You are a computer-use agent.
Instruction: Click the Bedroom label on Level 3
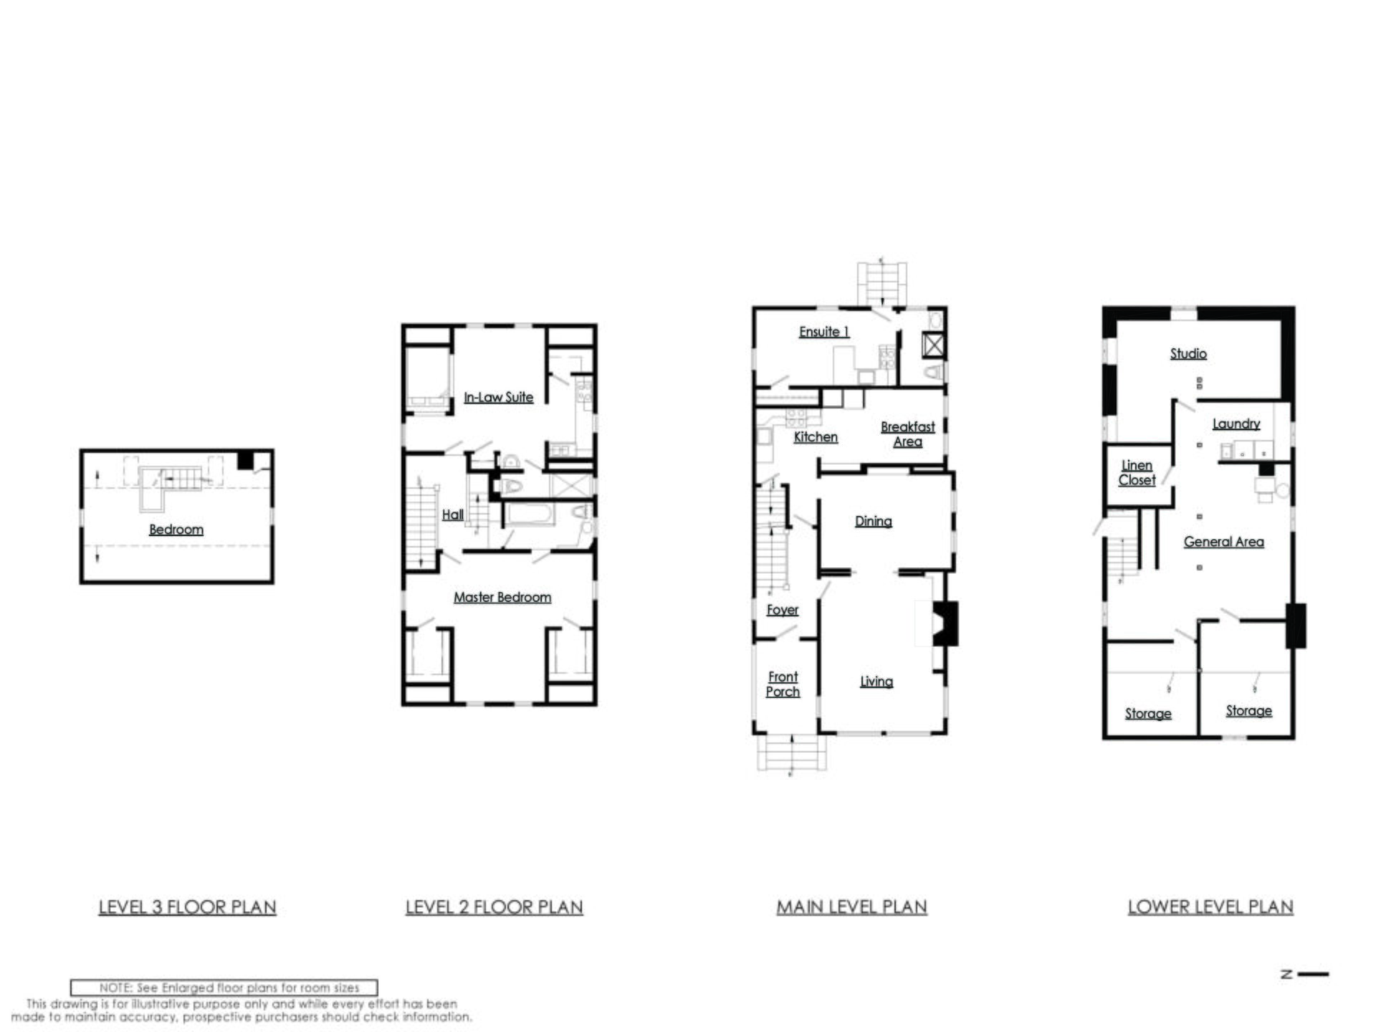[176, 530]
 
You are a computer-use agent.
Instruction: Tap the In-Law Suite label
[499, 397]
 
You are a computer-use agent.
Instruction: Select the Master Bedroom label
[502, 597]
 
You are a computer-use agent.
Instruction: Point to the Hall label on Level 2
[453, 515]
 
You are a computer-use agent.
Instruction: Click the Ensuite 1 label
[824, 332]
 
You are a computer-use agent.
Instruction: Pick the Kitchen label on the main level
[816, 436]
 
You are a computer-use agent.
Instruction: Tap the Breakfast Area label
[908, 434]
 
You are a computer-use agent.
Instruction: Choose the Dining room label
[874, 522]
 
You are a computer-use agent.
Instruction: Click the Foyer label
[783, 610]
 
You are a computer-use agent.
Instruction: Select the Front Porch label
[783, 684]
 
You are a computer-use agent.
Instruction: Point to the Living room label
[876, 682]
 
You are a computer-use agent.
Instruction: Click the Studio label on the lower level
[1188, 353]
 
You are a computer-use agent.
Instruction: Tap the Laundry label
[1236, 424]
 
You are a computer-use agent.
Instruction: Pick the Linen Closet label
[1137, 473]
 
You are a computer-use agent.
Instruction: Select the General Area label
[1224, 542]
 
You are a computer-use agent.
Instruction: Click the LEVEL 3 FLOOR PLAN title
[187, 907]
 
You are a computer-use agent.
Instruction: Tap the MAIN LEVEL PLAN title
[852, 907]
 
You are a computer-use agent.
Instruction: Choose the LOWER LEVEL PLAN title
[1210, 907]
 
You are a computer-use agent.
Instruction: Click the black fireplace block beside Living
[945, 623]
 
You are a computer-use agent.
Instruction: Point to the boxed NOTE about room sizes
[224, 988]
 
